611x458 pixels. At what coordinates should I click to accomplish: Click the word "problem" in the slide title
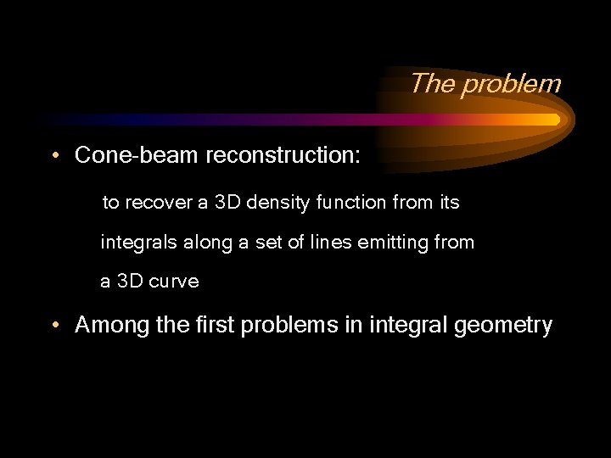point(511,84)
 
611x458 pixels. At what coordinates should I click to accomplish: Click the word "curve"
point(174,282)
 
